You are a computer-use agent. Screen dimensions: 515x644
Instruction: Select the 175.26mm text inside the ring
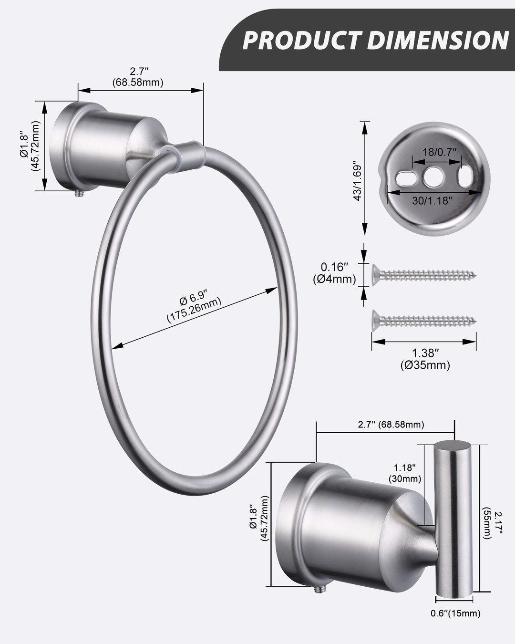[194, 310]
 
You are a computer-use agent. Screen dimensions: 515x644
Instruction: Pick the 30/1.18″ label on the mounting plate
[432, 200]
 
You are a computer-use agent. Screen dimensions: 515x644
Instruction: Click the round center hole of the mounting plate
[433, 177]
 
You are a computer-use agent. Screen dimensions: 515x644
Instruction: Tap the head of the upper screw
[375, 275]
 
